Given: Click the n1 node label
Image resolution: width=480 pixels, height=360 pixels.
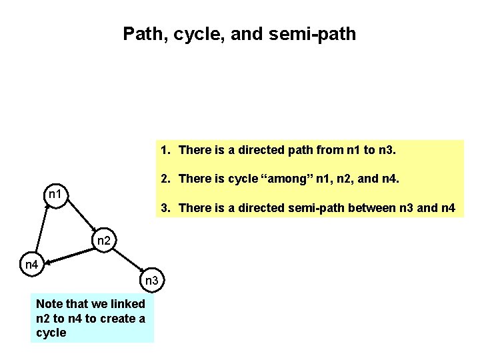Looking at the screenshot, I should coord(56,195).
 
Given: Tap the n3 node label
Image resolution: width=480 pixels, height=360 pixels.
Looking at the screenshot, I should coord(152,280).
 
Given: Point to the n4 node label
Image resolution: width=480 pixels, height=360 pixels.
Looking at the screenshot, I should coord(31,265).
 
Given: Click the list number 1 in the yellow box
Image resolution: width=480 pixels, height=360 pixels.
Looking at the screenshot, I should coord(165,151).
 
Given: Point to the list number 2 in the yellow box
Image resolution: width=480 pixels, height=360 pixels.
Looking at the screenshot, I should coord(165,179).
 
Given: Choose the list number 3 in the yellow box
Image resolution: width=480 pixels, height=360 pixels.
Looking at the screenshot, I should coord(165,208).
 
